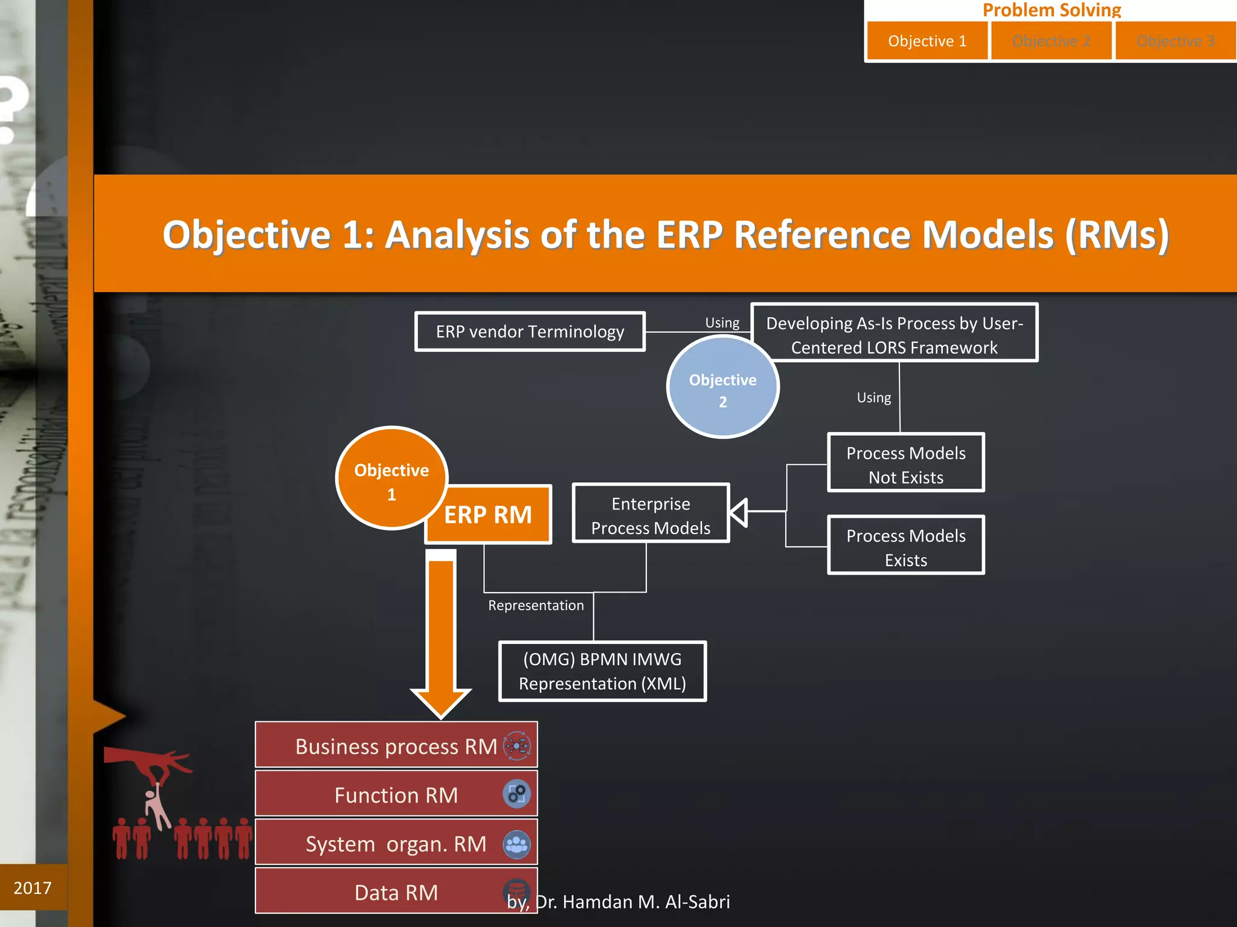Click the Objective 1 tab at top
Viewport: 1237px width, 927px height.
tap(927, 41)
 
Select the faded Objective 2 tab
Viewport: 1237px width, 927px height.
tap(1051, 41)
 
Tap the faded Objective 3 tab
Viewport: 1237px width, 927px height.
tap(1175, 41)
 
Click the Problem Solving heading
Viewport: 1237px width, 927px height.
tap(1052, 10)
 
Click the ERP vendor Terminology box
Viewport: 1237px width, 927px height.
tap(530, 331)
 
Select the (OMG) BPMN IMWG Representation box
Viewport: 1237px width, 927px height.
tap(602, 671)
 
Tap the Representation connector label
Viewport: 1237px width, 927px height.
tap(536, 605)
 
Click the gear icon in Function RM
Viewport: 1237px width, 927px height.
tap(516, 794)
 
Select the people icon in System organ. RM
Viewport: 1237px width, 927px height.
tap(516, 844)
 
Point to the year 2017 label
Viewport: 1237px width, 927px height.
tap(33, 888)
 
